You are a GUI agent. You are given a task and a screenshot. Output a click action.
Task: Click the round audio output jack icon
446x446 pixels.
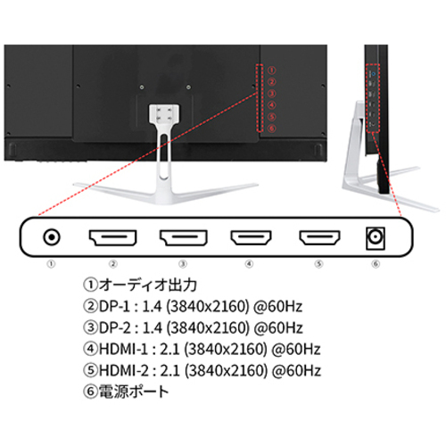coord(52,237)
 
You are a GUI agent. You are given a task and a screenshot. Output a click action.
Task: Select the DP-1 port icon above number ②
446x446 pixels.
coord(112,238)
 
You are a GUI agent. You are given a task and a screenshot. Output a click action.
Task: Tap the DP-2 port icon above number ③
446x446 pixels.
coord(183,238)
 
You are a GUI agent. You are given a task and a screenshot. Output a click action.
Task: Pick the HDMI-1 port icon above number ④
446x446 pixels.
coord(251,238)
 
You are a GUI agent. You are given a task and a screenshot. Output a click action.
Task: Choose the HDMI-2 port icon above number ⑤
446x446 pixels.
coord(319,238)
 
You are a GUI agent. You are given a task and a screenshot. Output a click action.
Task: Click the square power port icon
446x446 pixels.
coord(376,238)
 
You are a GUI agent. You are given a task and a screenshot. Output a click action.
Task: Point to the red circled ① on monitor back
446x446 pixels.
coord(272,70)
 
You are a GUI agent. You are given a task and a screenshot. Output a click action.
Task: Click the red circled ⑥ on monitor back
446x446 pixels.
coord(272,128)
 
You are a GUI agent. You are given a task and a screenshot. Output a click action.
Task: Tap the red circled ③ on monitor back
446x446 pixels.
coord(272,94)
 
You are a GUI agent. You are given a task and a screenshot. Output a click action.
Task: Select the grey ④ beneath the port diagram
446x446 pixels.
coord(249,264)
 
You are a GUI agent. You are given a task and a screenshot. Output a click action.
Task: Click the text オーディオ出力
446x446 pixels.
coord(148,285)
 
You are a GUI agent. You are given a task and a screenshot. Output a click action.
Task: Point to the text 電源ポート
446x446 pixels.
coord(134,392)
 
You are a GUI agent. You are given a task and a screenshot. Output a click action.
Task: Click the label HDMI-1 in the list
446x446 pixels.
coord(123,349)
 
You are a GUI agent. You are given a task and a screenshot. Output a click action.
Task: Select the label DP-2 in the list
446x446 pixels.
coord(114,327)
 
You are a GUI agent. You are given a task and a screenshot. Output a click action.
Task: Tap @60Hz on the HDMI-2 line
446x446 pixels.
coord(296,371)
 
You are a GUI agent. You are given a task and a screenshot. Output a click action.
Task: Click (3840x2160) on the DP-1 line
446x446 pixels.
coord(207,307)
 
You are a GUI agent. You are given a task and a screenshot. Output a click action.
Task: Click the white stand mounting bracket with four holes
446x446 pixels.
coord(164,113)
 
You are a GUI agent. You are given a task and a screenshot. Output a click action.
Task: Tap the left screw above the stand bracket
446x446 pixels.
coord(142,87)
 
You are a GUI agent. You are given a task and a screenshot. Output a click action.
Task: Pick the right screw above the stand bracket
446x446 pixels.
coord(188,87)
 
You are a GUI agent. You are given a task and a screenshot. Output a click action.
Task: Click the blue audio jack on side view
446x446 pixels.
coord(374,72)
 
